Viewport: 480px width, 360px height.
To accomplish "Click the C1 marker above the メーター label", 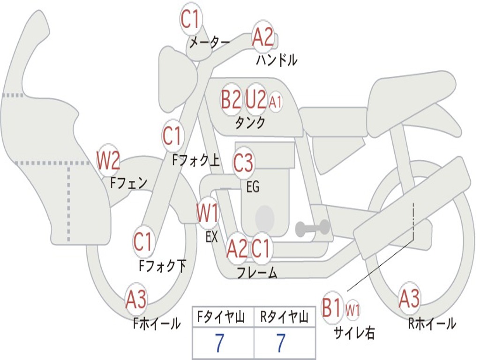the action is [x=191, y=19].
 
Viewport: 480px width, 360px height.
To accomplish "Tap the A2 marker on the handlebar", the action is [x=262, y=37].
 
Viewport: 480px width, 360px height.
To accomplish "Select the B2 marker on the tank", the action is [x=231, y=99].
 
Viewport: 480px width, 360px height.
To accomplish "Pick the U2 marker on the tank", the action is [x=256, y=99].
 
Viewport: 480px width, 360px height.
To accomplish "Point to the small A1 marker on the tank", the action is [x=275, y=102].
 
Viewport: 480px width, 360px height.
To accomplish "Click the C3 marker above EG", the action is [x=243, y=163].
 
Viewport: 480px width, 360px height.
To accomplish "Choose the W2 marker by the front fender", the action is [x=108, y=161].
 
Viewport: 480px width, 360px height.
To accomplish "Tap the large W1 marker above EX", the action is [x=208, y=213].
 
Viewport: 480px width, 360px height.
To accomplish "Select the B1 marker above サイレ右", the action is [x=332, y=307].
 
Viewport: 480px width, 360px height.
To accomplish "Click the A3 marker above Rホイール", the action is [x=409, y=299].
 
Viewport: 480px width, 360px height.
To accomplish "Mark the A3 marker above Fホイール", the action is [x=136, y=299].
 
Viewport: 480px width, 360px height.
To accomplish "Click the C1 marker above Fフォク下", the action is [x=143, y=241].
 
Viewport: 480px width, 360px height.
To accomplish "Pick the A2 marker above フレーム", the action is [x=237, y=248].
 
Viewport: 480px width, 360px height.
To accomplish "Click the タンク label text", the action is [x=250, y=122].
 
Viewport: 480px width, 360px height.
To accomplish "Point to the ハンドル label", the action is [x=277, y=60].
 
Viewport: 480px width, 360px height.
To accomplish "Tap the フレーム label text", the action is [x=257, y=273].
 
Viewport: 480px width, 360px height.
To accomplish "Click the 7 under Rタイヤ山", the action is [x=281, y=343].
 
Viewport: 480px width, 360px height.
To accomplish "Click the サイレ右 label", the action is [x=354, y=333].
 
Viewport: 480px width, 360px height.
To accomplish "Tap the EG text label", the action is [x=253, y=187].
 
